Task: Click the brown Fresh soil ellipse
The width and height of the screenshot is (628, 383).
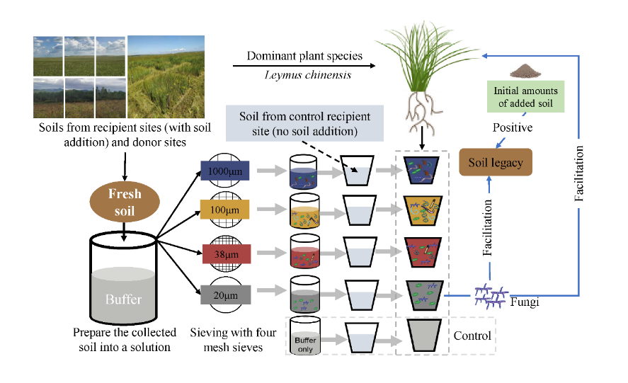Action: [x=125, y=201]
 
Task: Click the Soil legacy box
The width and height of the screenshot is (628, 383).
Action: [x=496, y=163]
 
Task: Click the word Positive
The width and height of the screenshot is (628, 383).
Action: [x=513, y=127]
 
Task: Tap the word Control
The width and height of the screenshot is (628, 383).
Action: [x=472, y=334]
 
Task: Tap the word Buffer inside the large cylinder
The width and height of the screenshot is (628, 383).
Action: [x=124, y=299]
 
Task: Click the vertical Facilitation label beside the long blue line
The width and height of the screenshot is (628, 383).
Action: [x=580, y=174]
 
